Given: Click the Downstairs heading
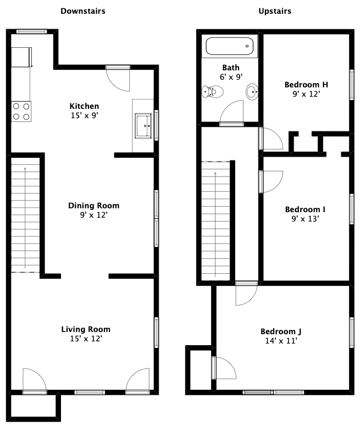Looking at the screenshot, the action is click(x=83, y=11).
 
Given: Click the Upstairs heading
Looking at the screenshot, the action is click(x=275, y=12).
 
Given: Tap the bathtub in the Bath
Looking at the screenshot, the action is click(x=230, y=46).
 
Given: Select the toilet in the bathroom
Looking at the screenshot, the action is click(x=213, y=92).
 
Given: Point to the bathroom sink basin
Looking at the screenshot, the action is click(x=252, y=92).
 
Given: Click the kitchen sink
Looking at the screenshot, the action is click(x=143, y=126).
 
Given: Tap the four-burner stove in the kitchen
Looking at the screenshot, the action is click(x=21, y=112).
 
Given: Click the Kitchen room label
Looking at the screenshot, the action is click(x=84, y=106).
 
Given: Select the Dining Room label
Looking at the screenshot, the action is click(x=94, y=206).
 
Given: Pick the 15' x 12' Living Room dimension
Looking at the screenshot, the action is click(x=86, y=339).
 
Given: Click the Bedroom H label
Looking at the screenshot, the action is click(x=306, y=85).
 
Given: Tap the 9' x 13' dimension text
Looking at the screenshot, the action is click(x=305, y=219).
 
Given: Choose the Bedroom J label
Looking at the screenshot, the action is click(x=281, y=331).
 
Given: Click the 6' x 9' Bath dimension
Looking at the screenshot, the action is click(x=231, y=77).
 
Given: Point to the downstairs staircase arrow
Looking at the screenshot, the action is click(x=25, y=218).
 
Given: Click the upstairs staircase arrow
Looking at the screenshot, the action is click(x=215, y=224).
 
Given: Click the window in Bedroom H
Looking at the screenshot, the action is click(x=352, y=85).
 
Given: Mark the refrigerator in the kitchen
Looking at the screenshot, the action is click(x=21, y=57).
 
